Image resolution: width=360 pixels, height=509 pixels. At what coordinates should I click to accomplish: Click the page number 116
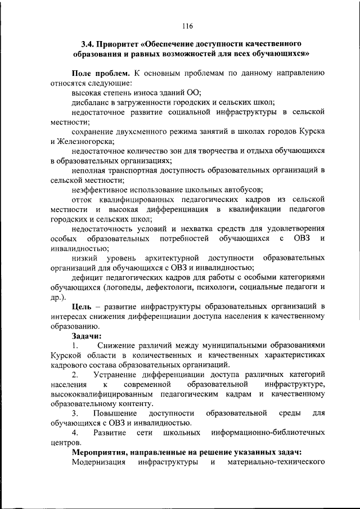[x=187, y=25]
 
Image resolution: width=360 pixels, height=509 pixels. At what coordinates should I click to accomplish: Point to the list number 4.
[x=75, y=433]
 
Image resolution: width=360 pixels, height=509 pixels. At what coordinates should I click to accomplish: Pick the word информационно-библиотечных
[x=268, y=433]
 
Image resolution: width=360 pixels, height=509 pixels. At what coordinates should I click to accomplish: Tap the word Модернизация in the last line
[x=100, y=462]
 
